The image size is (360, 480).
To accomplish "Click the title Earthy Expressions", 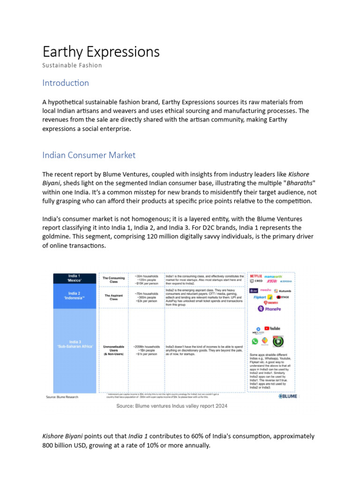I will click(101, 52).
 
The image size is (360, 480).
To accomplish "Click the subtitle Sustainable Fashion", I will click(72, 65).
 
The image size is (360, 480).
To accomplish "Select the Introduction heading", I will click(66, 83).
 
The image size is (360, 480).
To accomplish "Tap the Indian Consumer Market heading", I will click(89, 155).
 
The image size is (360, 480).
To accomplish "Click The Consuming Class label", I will click(113, 280).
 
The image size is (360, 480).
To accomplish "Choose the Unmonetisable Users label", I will click(113, 350).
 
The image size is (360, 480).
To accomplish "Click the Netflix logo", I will click(256, 276).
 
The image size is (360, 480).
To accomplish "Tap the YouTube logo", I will click(272, 329).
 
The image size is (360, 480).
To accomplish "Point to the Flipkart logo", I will click(260, 297).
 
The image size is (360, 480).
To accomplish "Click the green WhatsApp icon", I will click(255, 341).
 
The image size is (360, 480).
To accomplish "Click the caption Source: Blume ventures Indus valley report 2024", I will click(172, 406).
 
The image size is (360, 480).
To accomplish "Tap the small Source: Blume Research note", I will click(62, 397).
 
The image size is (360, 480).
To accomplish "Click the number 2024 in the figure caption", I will click(220, 406).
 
